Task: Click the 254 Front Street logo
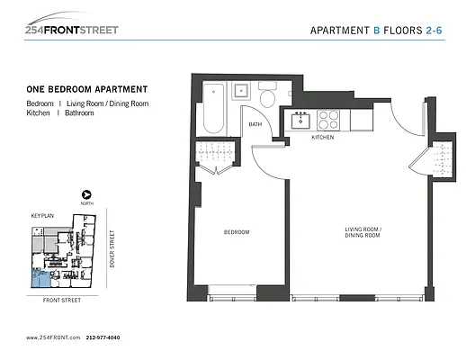point(72,26)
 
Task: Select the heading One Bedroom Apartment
point(87,89)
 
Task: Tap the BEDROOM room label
point(236,233)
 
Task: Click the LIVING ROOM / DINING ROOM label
point(363,233)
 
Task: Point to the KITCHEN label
point(322,138)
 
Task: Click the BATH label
point(255,124)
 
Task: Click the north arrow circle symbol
point(86,194)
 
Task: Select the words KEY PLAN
point(42,217)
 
